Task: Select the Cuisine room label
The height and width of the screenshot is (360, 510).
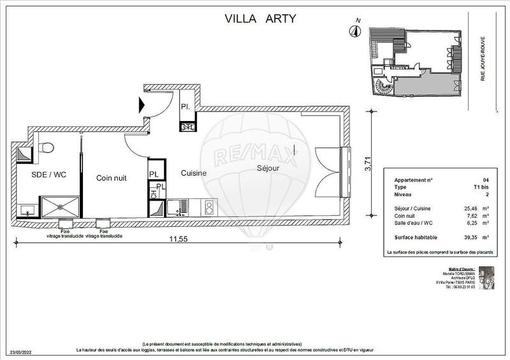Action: [193, 173]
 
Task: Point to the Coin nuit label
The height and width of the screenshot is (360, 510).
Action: [111, 178]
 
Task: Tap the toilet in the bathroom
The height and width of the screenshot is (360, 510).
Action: [45, 148]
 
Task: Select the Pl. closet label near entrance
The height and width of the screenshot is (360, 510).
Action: [185, 106]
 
